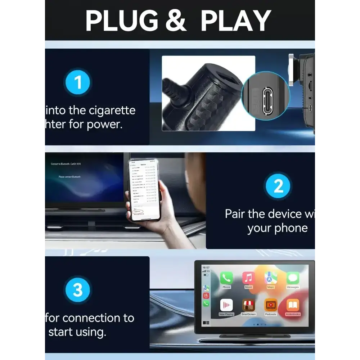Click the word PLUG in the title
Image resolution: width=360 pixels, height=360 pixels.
[x=122, y=21]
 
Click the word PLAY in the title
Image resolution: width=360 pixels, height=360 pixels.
[x=235, y=21]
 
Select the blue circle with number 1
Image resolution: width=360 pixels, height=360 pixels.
[x=78, y=83]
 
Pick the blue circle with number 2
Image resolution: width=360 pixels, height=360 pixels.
[x=278, y=186]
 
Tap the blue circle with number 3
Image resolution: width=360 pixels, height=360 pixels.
[x=78, y=290]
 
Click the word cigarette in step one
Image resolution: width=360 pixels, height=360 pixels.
[x=112, y=110]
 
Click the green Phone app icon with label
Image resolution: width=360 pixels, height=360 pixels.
[x=226, y=278]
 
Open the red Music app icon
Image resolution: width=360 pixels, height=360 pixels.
[x=249, y=278]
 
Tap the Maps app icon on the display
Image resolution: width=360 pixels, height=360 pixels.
[x=271, y=278]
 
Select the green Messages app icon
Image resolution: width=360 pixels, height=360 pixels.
[x=293, y=278]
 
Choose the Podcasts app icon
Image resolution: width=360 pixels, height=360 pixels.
[x=271, y=305]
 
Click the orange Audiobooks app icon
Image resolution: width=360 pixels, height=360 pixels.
[x=293, y=305]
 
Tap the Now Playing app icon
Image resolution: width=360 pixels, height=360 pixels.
[x=226, y=305]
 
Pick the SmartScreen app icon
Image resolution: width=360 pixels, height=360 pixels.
[x=249, y=305]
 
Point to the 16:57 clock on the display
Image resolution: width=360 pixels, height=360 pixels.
[x=206, y=268]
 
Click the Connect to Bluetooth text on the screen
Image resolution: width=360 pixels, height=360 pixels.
[x=66, y=164]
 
